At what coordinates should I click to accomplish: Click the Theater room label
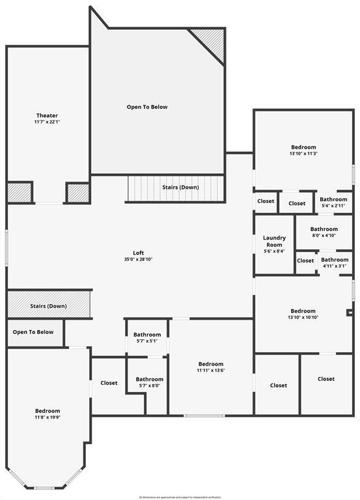coord(47,115)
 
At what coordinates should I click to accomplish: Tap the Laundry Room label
coord(273,241)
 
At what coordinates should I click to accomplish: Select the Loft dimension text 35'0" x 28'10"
coord(138,259)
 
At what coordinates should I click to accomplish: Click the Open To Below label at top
coord(146,107)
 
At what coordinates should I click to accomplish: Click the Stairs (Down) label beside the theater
coord(180,187)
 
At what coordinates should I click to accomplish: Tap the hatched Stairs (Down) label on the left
coord(48,306)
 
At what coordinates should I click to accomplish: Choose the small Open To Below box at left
coord(33,332)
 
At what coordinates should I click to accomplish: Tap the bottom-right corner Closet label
coord(326,379)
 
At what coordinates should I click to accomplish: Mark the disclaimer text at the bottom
coord(180,497)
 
